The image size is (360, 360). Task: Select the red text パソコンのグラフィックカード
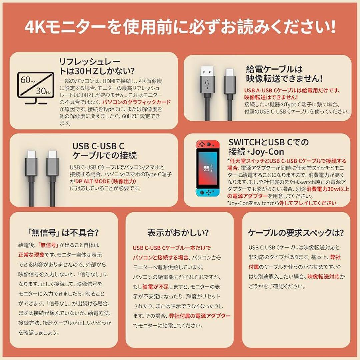(x=136, y=102)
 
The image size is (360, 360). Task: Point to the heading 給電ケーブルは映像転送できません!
(x=284, y=74)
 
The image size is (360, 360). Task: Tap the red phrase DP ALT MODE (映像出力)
(x=106, y=181)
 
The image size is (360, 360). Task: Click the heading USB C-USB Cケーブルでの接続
(x=105, y=151)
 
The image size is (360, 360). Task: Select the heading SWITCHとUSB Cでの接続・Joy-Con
(x=268, y=147)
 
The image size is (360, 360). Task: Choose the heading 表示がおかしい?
(x=178, y=232)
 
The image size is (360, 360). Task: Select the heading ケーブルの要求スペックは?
(x=296, y=233)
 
